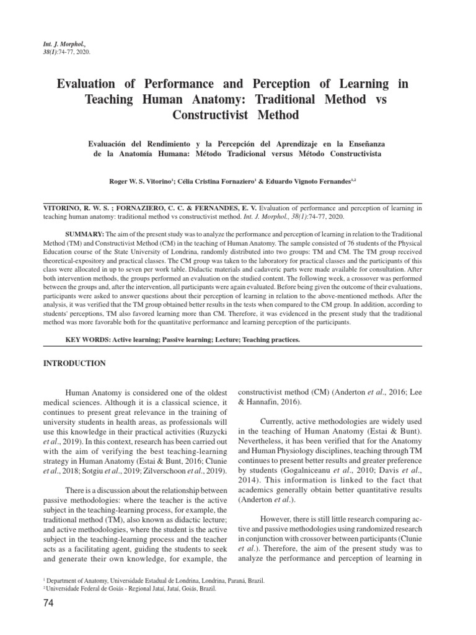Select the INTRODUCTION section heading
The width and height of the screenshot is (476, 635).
(74, 363)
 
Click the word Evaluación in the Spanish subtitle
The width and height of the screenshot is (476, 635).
(111, 143)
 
